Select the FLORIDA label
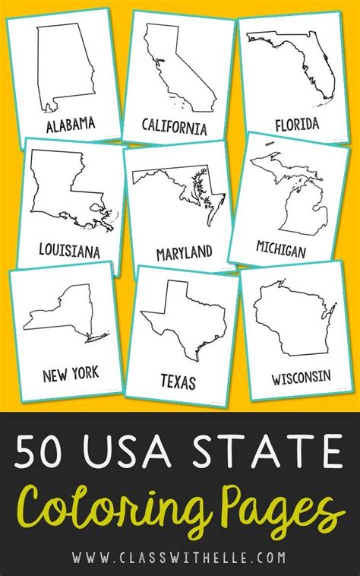tap(297, 123)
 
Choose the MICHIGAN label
tap(280, 250)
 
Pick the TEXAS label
tap(178, 381)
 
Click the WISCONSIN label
tap(302, 376)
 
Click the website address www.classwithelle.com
tap(180, 557)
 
